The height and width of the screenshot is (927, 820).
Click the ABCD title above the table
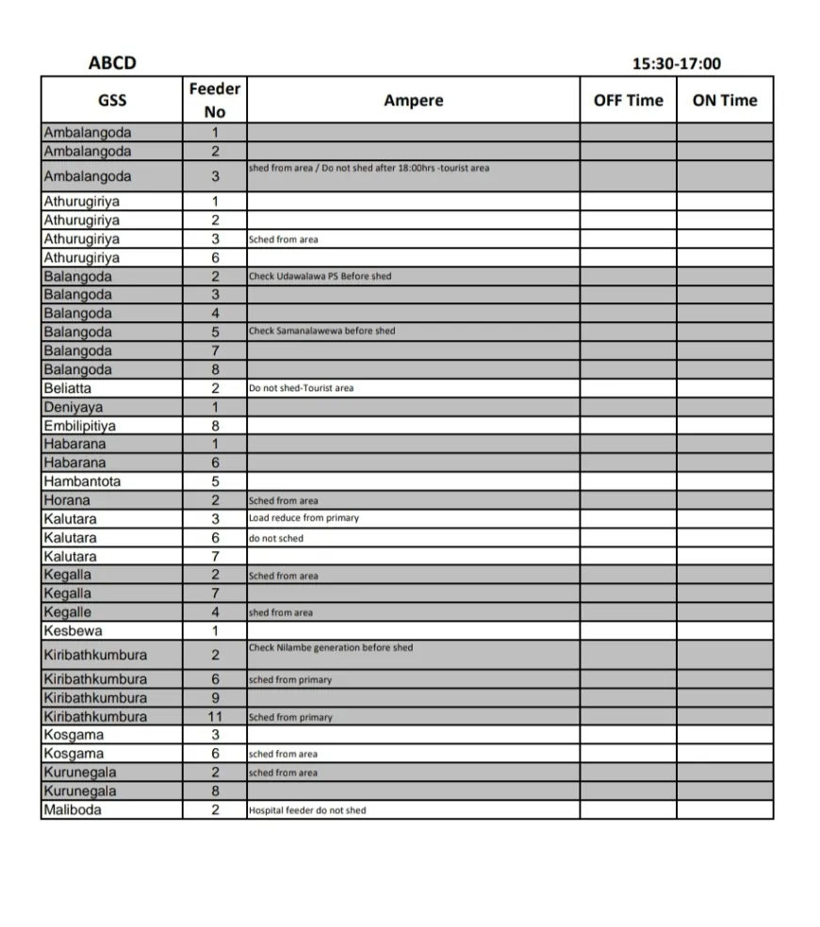(x=112, y=63)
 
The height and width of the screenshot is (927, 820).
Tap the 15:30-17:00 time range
(x=677, y=64)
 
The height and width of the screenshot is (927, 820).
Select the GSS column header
(x=111, y=100)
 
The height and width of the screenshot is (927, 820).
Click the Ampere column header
(x=413, y=100)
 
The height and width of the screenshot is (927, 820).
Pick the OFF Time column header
(x=628, y=100)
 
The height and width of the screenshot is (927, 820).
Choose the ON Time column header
(x=725, y=100)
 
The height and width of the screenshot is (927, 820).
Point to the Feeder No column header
(x=215, y=100)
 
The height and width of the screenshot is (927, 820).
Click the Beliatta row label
(x=68, y=388)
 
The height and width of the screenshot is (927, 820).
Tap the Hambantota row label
(x=82, y=481)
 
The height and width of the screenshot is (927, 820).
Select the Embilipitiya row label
(x=80, y=426)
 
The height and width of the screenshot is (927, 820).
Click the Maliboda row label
(x=73, y=809)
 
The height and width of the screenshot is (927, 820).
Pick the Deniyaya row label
(x=74, y=407)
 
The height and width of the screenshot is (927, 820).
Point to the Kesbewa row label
(x=73, y=630)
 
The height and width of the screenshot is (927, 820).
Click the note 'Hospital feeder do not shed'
(x=307, y=810)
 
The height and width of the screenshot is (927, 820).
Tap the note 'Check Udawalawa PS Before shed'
(x=320, y=276)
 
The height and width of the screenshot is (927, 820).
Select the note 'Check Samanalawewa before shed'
(x=322, y=331)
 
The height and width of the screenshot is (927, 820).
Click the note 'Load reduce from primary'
(x=303, y=518)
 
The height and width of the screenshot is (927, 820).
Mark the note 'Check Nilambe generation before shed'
(x=331, y=647)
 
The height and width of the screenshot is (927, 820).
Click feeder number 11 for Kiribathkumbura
(x=215, y=716)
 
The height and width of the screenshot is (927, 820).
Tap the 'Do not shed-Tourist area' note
(x=302, y=388)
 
